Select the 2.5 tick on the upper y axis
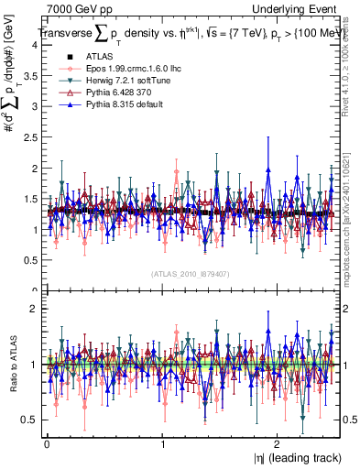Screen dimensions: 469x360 pyautogui.click(x=30, y=137)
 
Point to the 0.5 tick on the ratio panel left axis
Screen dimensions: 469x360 pyautogui.click(x=30, y=420)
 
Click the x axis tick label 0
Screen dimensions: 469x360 pyautogui.click(x=47, y=442)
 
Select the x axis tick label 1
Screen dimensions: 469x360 pyautogui.click(x=162, y=442)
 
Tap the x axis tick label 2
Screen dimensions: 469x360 pyautogui.click(x=278, y=442)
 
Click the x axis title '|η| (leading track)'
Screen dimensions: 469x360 pyautogui.click(x=292, y=458)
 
